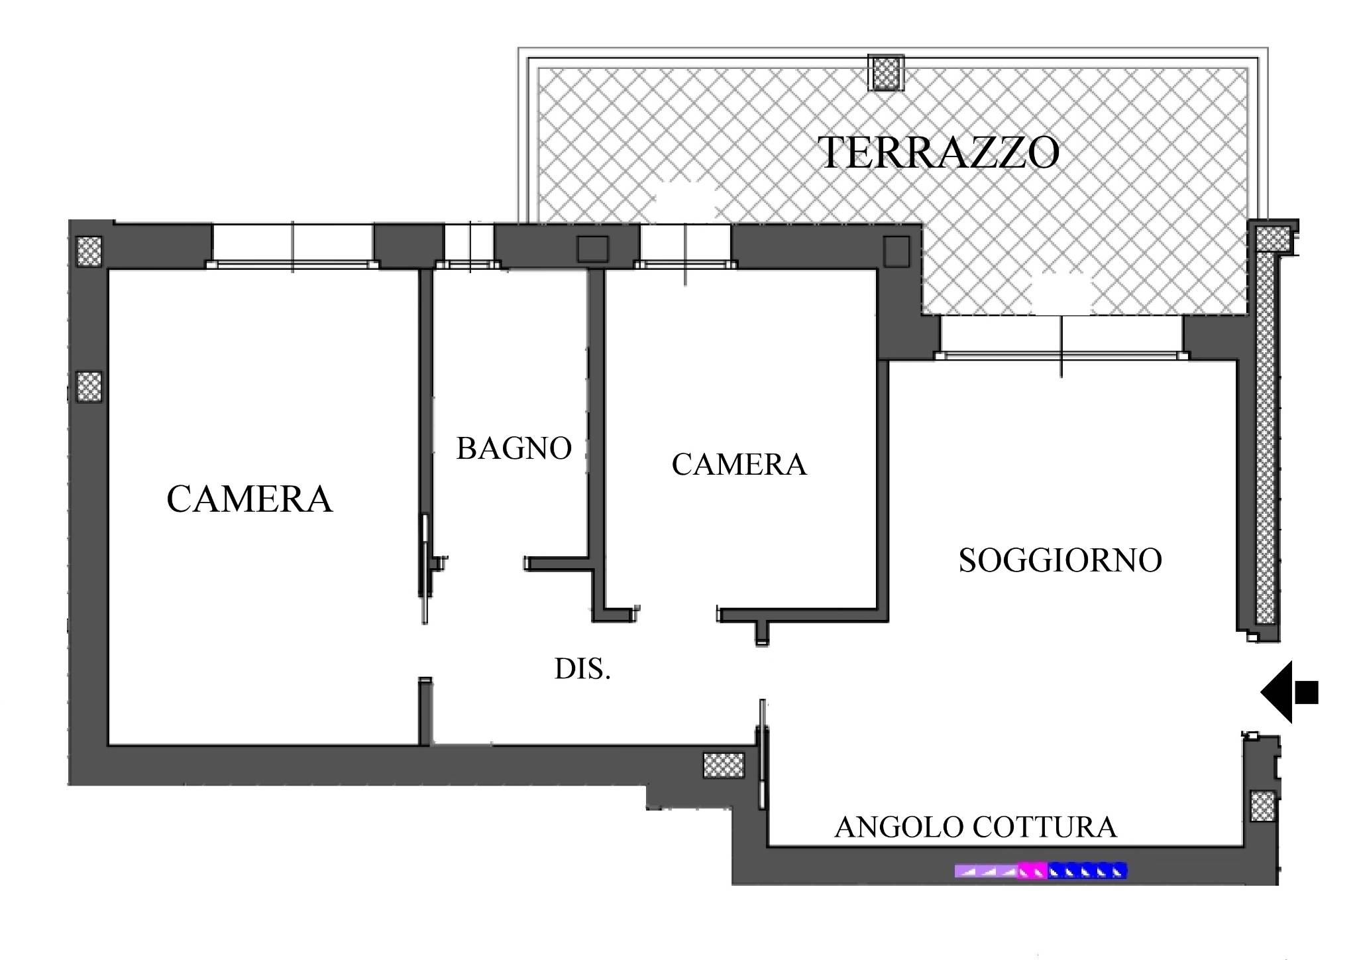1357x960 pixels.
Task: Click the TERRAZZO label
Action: click(940, 153)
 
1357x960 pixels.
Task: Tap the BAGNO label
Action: click(514, 449)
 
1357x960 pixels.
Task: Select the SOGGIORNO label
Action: click(1060, 560)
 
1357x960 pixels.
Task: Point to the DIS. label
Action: click(582, 670)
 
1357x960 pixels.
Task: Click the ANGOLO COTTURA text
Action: click(975, 827)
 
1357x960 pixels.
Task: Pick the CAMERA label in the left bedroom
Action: click(249, 499)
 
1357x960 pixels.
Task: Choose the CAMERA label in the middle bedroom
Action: click(739, 465)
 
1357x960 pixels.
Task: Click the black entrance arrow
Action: click(1289, 692)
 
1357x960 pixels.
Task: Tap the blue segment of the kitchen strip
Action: click(1087, 870)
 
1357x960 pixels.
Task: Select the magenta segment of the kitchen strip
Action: click(1032, 870)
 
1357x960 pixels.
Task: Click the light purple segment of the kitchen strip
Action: click(986, 870)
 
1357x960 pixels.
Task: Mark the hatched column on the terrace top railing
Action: click(887, 72)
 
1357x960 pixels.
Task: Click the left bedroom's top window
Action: click(292, 246)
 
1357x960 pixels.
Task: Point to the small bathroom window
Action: click(468, 246)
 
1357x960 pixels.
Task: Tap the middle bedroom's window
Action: click(686, 246)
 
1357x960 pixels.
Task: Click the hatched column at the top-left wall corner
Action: click(89, 251)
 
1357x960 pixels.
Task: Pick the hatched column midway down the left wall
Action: click(89, 387)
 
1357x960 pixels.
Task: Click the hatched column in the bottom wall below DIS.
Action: click(723, 765)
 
